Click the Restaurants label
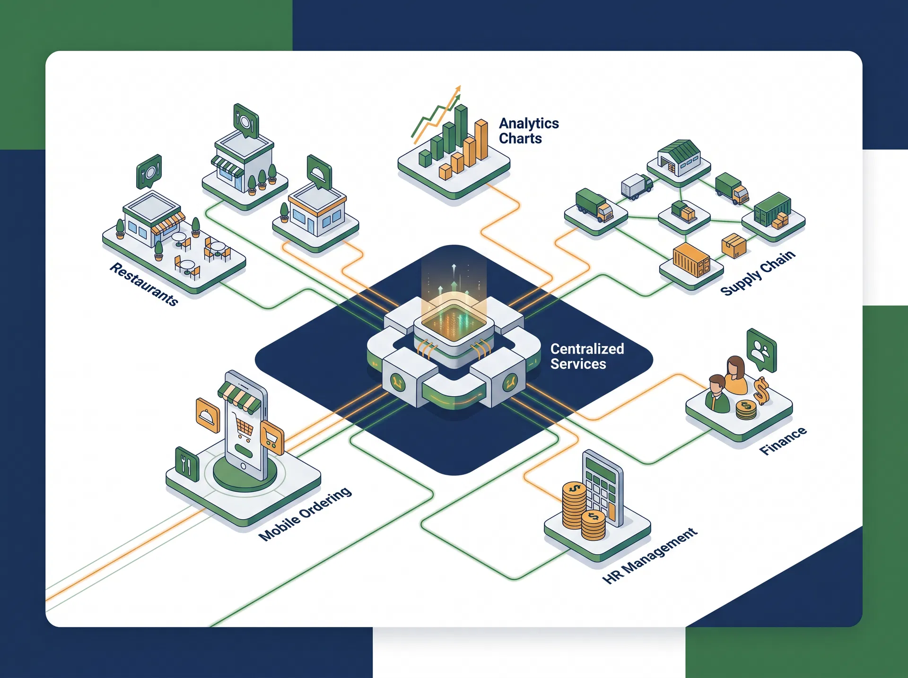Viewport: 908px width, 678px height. (x=144, y=284)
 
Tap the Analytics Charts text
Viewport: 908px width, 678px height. (x=529, y=130)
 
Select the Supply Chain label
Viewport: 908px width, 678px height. (x=758, y=273)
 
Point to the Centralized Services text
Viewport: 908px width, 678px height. (x=587, y=356)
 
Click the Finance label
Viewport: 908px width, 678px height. (x=783, y=441)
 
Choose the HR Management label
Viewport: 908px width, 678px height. (x=650, y=556)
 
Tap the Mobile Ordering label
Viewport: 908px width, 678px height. (x=305, y=513)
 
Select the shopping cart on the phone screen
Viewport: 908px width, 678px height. (x=244, y=428)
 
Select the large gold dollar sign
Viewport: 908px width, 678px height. (x=761, y=391)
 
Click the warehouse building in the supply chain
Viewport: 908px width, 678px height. (x=679, y=157)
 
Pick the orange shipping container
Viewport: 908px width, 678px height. (x=691, y=260)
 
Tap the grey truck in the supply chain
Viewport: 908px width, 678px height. (x=637, y=186)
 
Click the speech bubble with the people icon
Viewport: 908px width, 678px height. (x=761, y=350)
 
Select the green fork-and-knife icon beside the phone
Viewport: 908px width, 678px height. (x=186, y=464)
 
